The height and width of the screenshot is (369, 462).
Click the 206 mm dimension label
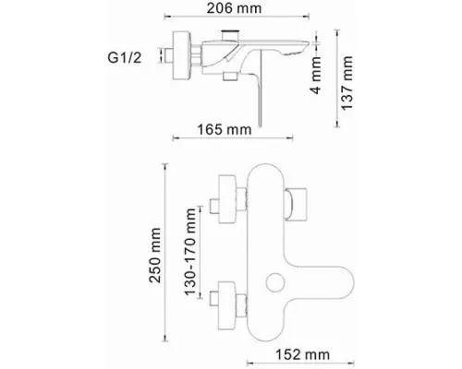point(234,8)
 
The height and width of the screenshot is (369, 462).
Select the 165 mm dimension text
point(225,129)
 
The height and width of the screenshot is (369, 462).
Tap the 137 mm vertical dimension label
point(346,83)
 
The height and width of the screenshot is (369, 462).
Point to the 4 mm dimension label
point(316,75)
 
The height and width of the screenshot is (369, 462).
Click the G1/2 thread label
point(125,57)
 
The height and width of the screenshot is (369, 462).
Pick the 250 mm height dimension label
point(155,256)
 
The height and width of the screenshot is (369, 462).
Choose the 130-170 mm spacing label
point(190,252)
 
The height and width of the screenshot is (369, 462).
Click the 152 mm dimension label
point(302,355)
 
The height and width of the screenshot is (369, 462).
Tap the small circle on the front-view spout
point(275,282)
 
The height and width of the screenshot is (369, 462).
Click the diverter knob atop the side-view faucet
point(230,34)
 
